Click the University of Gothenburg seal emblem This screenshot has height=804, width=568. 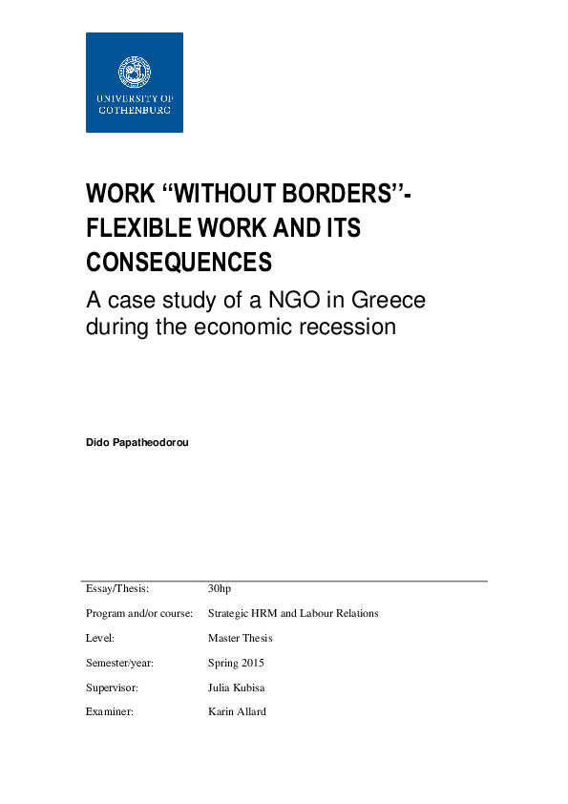(x=134, y=72)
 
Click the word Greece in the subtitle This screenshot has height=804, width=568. (x=389, y=301)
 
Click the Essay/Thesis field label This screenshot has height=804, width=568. (x=117, y=588)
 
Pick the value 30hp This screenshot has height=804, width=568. (x=220, y=588)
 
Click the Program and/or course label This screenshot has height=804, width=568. (x=139, y=613)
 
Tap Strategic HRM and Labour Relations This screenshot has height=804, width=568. (x=293, y=613)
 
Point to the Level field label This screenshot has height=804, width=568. (x=100, y=638)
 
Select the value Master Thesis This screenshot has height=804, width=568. (x=240, y=638)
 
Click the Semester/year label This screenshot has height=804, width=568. (x=119, y=663)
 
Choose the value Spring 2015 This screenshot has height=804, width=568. (x=236, y=663)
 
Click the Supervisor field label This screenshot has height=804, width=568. (x=113, y=688)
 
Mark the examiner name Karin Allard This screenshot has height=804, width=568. (x=237, y=712)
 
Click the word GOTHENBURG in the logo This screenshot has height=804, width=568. (x=134, y=110)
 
